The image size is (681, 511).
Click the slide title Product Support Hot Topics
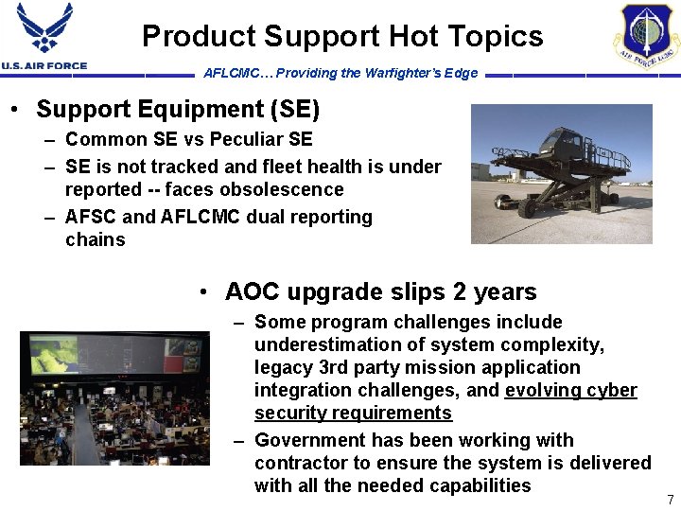[x=342, y=37]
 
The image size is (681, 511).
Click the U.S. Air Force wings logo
[x=44, y=28]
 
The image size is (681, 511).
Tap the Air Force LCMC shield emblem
[x=649, y=35]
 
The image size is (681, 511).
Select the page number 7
[x=670, y=500]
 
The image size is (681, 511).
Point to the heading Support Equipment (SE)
[x=178, y=110]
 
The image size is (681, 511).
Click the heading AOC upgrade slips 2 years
[x=380, y=291]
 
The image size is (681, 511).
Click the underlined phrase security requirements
[x=353, y=414]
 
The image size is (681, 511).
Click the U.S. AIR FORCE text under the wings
[x=44, y=66]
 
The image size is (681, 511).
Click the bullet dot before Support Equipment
[x=17, y=111]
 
